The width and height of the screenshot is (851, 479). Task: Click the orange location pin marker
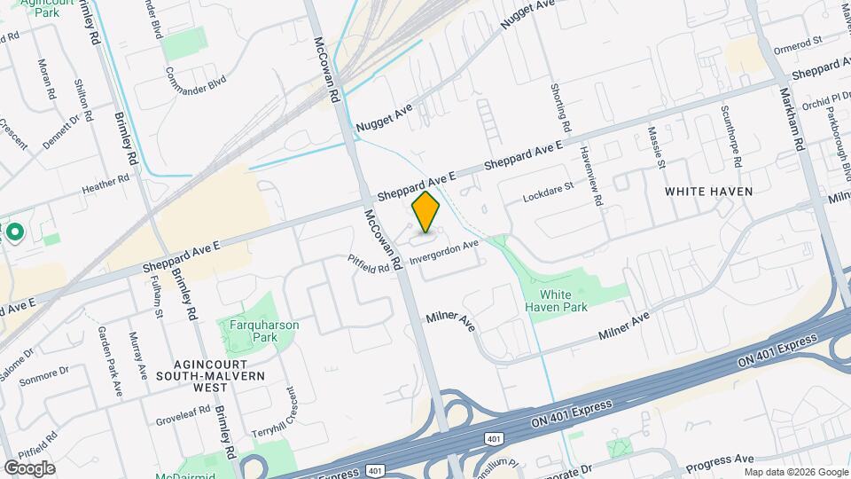pos(426,212)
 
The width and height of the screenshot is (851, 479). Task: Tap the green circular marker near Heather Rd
pos(14,233)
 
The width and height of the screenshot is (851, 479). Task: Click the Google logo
pos(29,467)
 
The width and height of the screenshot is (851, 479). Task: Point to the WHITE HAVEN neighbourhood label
pos(708,192)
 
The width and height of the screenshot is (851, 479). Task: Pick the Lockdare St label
pos(549,191)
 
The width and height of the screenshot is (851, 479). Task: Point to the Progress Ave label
pos(718,459)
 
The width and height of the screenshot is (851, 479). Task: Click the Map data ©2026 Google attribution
pos(795,472)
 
